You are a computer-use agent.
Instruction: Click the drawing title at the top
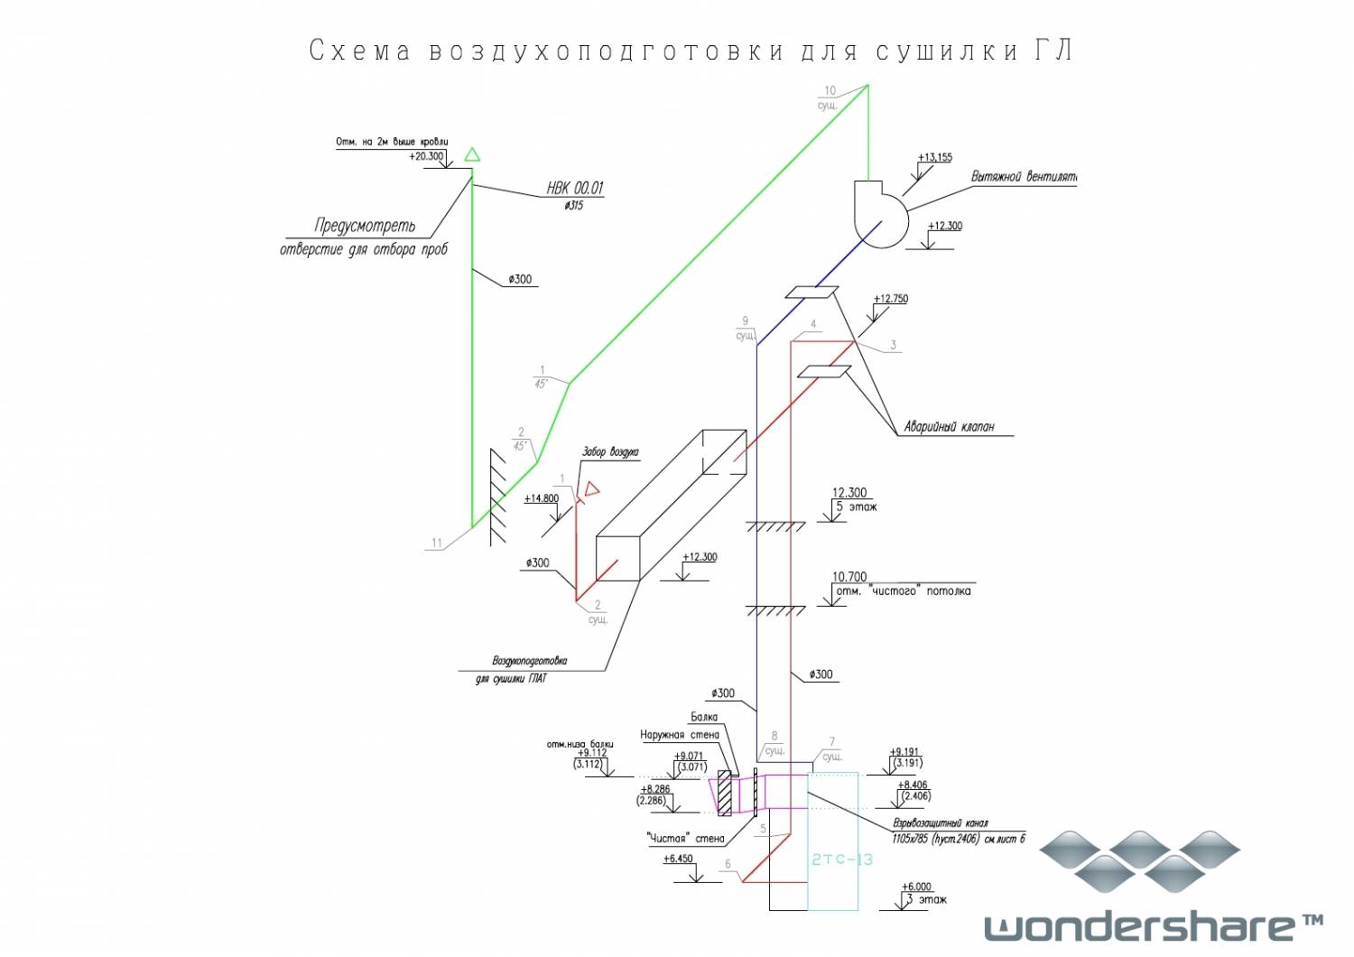click(x=691, y=51)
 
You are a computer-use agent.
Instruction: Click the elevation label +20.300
click(x=426, y=156)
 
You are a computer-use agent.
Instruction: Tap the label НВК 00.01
click(x=575, y=188)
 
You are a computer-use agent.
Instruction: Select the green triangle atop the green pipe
click(x=471, y=155)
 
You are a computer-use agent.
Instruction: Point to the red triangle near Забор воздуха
click(x=592, y=489)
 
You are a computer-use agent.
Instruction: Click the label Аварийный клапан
click(x=949, y=427)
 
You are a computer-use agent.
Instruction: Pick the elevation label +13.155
click(x=935, y=157)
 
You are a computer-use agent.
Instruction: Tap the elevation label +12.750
click(x=891, y=299)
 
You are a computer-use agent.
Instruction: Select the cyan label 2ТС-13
click(x=841, y=859)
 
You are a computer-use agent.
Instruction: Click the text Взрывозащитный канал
click(x=941, y=823)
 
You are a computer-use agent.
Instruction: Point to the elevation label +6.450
click(x=679, y=859)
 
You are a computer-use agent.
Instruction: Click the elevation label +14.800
click(x=542, y=498)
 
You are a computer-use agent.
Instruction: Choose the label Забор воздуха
click(x=610, y=451)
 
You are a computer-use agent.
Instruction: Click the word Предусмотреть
click(x=365, y=225)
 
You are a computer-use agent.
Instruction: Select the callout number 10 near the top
click(x=830, y=90)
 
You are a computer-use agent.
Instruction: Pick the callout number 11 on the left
click(x=437, y=543)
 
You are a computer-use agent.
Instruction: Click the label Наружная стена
click(x=680, y=735)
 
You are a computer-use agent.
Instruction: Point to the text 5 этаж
click(x=857, y=506)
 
